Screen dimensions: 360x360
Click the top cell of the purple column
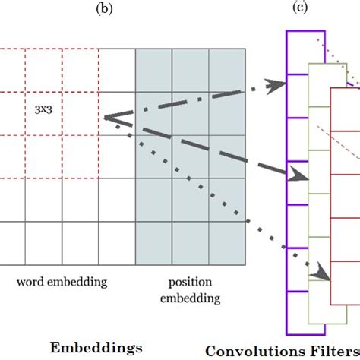305,42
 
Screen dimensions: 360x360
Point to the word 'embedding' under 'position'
190,298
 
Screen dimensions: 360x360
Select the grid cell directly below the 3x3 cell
43,156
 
